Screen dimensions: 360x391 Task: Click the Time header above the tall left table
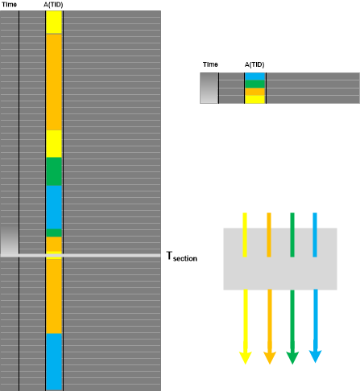[9, 5]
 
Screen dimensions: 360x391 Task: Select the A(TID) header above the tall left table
[53, 5]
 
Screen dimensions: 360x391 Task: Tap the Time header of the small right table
[210, 64]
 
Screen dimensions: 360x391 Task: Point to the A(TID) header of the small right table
[254, 64]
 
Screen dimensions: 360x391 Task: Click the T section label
[182, 257]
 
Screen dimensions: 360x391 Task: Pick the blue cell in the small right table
[255, 76]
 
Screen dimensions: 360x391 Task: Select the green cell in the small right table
[255, 84]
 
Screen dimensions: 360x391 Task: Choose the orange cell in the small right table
[255, 92]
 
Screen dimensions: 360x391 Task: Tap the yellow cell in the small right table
[255, 99]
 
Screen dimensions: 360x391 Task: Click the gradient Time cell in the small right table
[209, 88]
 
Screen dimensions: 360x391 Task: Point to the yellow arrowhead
[245, 357]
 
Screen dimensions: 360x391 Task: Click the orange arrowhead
[270, 357]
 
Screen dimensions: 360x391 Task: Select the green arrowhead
[292, 357]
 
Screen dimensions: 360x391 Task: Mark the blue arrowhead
[316, 356]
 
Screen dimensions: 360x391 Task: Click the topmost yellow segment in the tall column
[54, 23]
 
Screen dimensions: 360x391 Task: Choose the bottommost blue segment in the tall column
[54, 361]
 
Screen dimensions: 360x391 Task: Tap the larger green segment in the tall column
[54, 171]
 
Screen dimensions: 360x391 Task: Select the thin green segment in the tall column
[54, 233]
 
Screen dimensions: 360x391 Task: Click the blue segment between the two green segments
[54, 208]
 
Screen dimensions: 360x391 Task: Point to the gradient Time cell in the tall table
[10, 240]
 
